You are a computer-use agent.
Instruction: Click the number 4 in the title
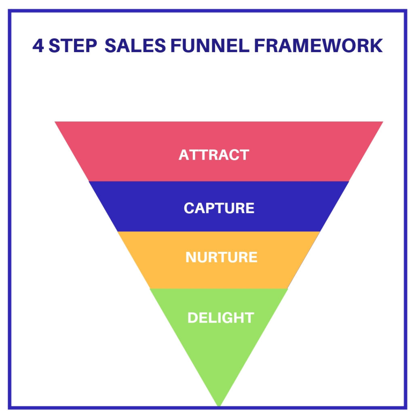pyautogui.click(x=38, y=46)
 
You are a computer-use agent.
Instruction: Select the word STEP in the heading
pyautogui.click(x=73, y=46)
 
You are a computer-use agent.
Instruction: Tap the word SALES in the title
pyautogui.click(x=135, y=46)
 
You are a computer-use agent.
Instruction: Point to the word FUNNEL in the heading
pyautogui.click(x=210, y=46)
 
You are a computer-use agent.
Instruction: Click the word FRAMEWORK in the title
pyautogui.click(x=319, y=46)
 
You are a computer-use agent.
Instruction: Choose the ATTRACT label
pyautogui.click(x=214, y=155)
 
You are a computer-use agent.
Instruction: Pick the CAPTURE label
pyautogui.click(x=219, y=208)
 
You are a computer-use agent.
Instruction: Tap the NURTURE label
pyautogui.click(x=221, y=257)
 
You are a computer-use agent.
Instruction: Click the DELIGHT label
pyautogui.click(x=220, y=318)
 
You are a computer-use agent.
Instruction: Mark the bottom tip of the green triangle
pyautogui.click(x=219, y=406)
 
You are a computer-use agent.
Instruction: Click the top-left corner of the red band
pyautogui.click(x=55, y=122)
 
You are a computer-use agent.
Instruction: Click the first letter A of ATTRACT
pyautogui.click(x=184, y=155)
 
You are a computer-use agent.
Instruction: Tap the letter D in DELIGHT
pyautogui.click(x=192, y=318)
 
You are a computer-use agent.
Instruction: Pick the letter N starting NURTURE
pyautogui.click(x=191, y=257)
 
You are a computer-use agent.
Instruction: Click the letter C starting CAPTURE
pyautogui.click(x=189, y=208)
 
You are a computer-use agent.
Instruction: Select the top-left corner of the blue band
pyautogui.click(x=89, y=182)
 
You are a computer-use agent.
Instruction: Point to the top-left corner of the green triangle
pyautogui.click(x=150, y=289)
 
